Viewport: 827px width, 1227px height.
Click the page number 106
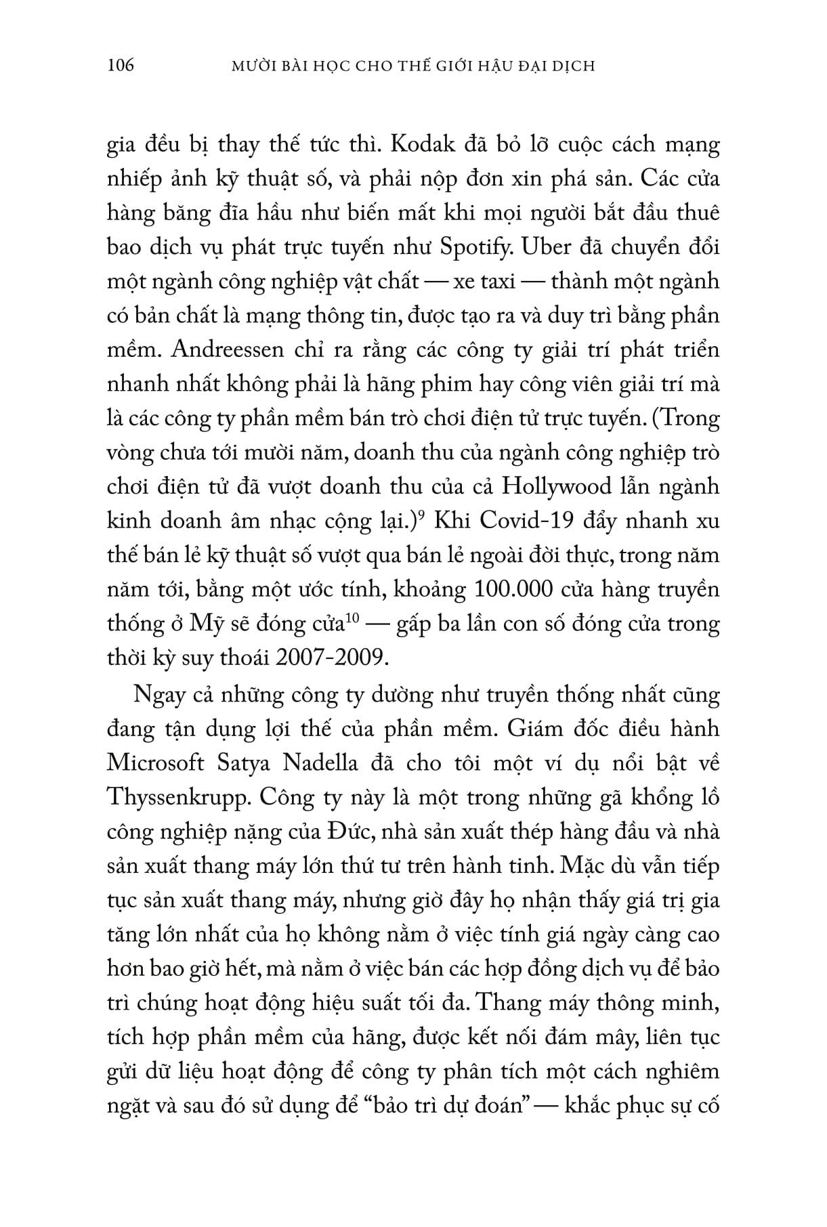point(121,66)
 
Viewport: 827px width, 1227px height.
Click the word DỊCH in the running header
point(573,66)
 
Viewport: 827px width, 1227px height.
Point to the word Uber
point(527,247)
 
